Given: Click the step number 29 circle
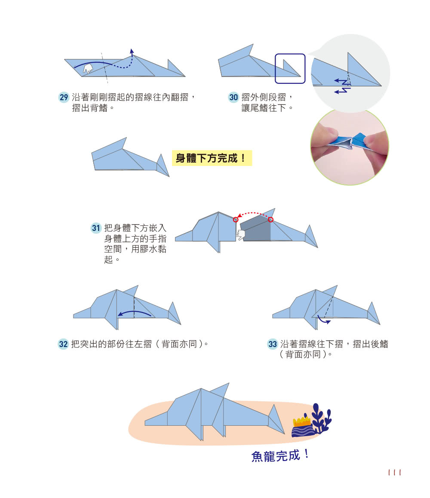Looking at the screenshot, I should pos(64,98).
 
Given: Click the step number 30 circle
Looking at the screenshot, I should pos(233,98).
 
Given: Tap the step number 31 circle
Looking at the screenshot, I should pos(96,228).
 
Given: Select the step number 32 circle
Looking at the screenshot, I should pos(63,344).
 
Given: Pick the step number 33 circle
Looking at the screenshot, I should pos(273,344).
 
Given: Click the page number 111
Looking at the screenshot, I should pos(394,473).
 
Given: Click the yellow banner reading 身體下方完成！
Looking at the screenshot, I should pos(211,158).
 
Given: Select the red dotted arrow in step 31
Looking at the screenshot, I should pos(253,213).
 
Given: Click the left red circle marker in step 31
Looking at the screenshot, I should pos(236,220).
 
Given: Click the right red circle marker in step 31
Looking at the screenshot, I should pos(271,220).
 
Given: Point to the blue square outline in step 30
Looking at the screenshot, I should pos(290,68).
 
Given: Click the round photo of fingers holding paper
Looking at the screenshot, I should pos(350,147).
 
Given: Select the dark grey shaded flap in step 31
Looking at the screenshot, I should pos(256,231).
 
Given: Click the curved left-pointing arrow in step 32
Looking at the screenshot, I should pos(135,314).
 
